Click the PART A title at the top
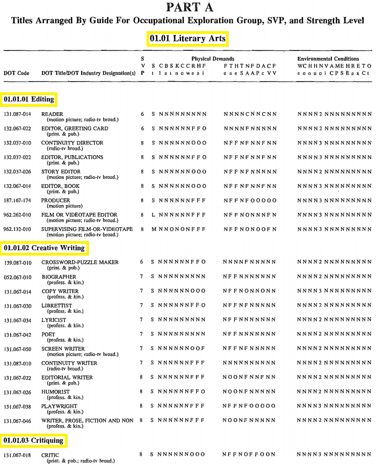coord(190,7)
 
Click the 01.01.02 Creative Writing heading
coord(44,248)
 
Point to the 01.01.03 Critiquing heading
coord(33,440)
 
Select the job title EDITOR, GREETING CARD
coord(75,129)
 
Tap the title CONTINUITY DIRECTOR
coord(73,143)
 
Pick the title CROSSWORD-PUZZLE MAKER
coord(80,263)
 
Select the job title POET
coord(48,334)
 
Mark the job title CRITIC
coord(50,455)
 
